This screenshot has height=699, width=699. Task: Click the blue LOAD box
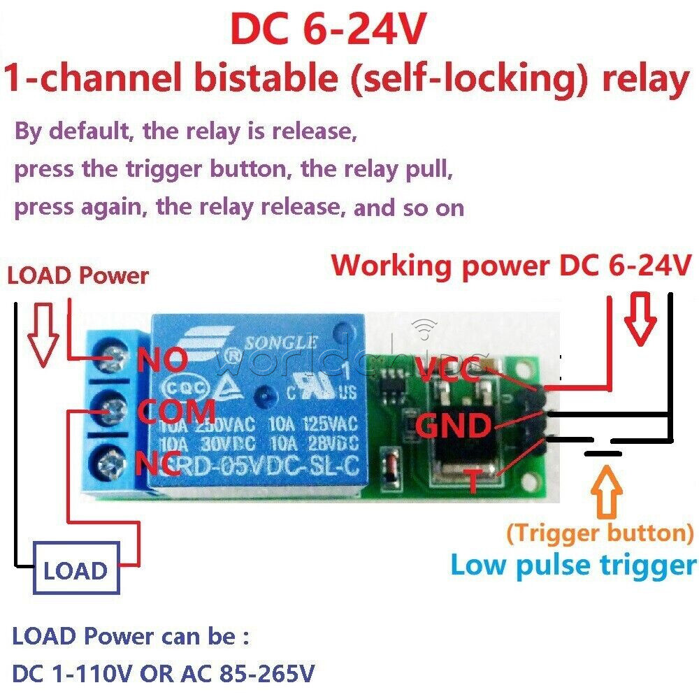75,571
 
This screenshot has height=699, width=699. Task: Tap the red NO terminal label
162,361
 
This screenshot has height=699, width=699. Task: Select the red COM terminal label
176,411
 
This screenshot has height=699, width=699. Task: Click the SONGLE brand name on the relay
284,343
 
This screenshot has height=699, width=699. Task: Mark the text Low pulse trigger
573,565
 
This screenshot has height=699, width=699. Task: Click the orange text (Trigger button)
600,533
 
